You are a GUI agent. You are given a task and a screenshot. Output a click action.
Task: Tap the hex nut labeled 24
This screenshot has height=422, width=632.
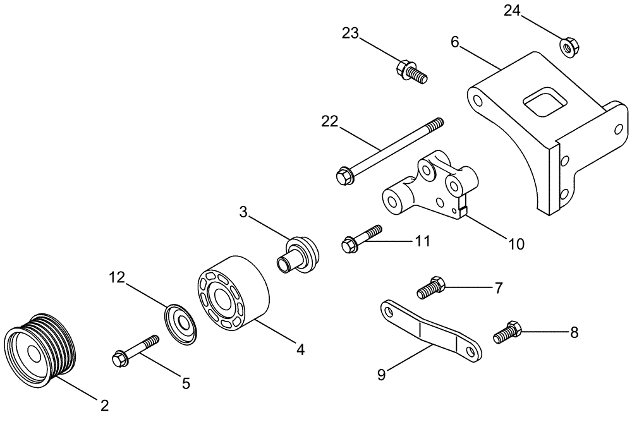(566, 46)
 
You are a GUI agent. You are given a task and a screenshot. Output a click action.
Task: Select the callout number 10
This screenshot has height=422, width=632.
(517, 243)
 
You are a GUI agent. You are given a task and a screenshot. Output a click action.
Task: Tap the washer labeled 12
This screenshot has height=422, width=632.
(183, 324)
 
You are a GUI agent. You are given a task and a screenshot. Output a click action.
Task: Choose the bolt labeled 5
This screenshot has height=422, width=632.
(135, 351)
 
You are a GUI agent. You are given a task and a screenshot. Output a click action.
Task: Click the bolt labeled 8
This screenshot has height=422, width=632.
(507, 331)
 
